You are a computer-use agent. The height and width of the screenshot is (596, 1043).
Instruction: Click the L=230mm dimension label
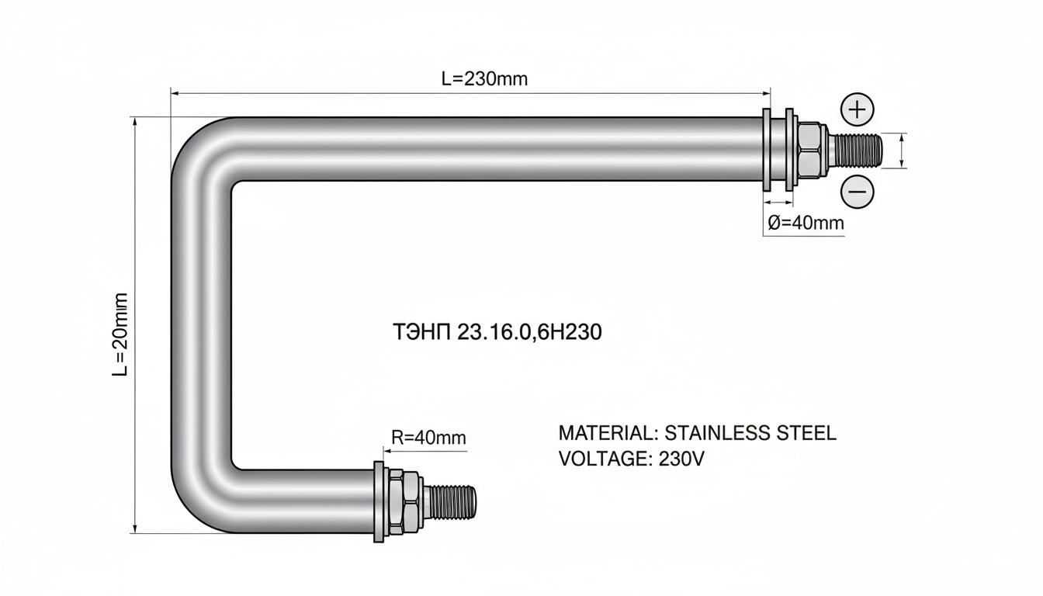484,79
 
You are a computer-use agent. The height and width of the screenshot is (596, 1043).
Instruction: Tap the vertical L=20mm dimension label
120,334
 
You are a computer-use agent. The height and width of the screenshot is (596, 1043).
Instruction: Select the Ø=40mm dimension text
806,223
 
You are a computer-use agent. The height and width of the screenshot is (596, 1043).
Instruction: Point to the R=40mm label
428,438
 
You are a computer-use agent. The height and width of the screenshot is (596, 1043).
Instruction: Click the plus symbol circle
858,110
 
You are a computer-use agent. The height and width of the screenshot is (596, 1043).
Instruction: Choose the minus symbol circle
858,192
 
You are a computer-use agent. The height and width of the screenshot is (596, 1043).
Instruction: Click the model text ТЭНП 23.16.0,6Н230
497,332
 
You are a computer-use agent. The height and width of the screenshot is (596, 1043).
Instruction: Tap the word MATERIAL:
608,433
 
